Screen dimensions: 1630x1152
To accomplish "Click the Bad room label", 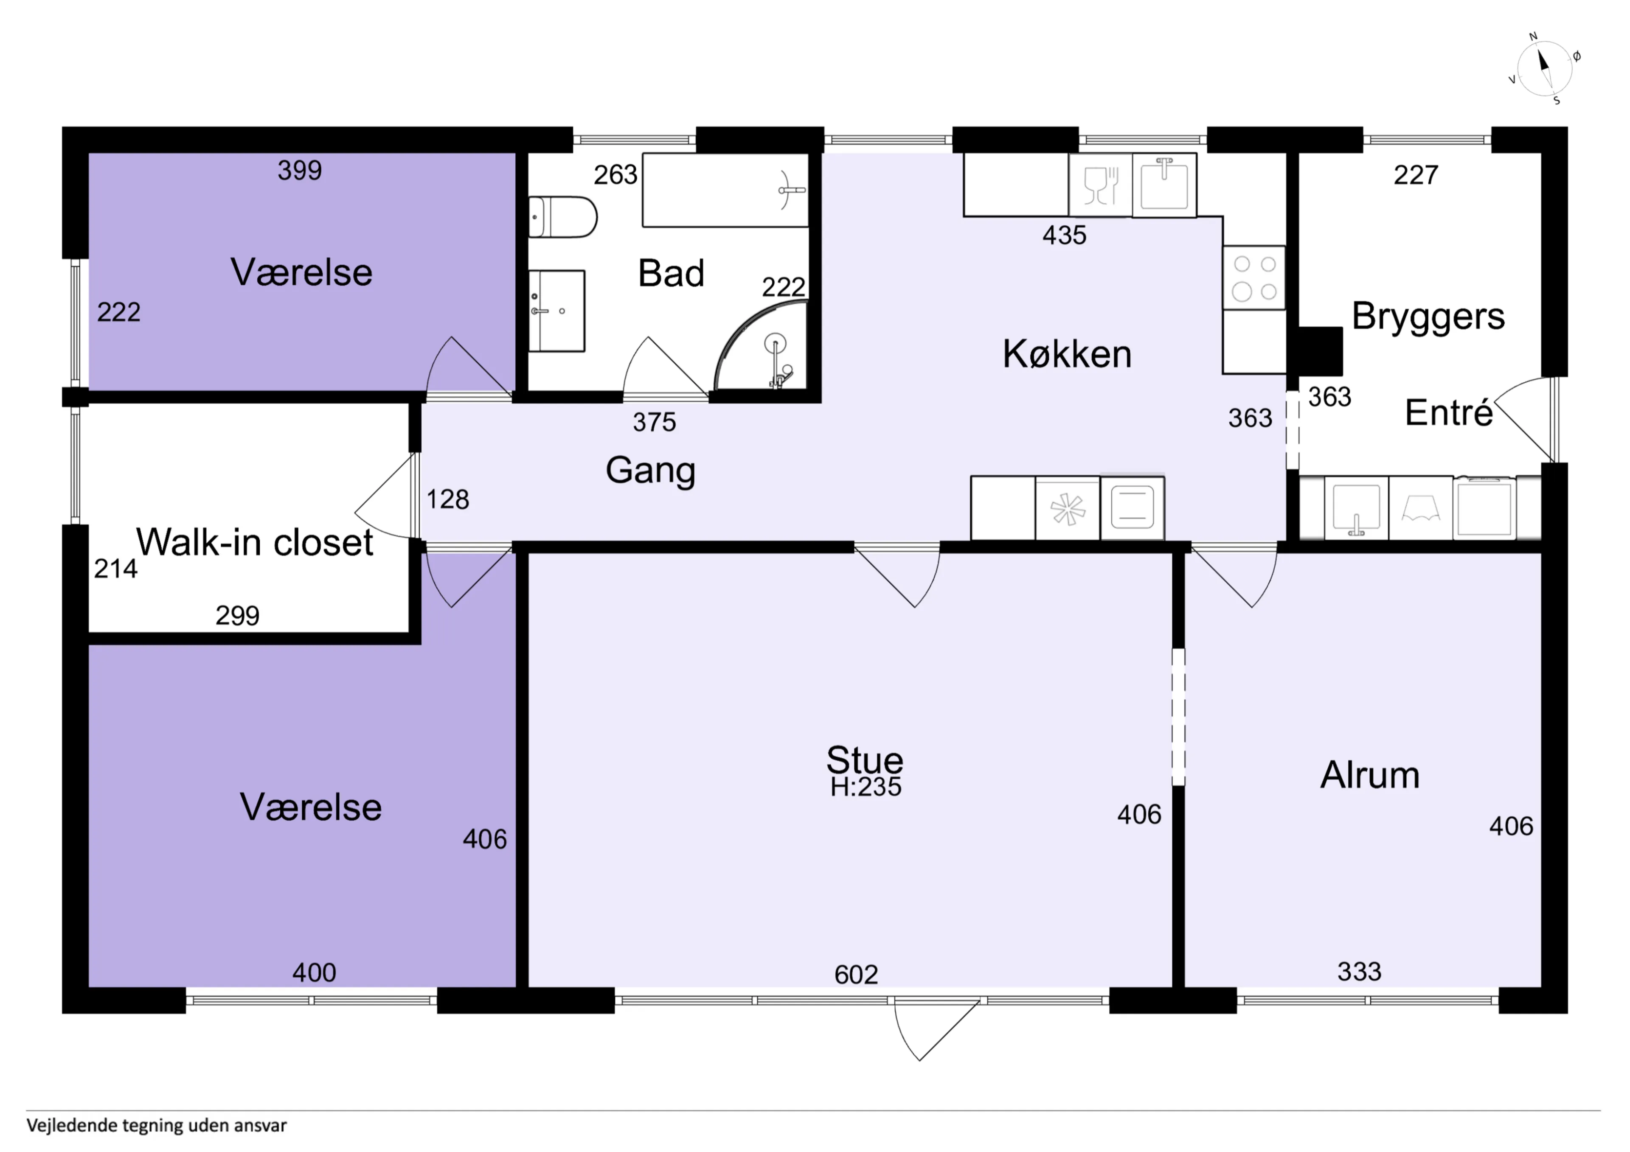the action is click(x=671, y=273).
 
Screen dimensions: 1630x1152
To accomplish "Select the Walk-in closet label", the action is click(x=254, y=542).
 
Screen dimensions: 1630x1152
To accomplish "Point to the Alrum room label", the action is click(x=1369, y=775).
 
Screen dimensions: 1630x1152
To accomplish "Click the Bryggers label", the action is click(x=1428, y=317).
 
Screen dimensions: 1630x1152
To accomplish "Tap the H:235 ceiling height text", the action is click(x=866, y=787).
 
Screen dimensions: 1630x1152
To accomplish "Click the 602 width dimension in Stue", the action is click(x=856, y=975).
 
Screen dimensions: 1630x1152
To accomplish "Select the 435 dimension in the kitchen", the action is click(x=1064, y=235).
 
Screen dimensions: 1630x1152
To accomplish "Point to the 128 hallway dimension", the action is click(x=447, y=500).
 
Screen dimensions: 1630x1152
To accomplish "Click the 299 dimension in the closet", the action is click(x=237, y=615).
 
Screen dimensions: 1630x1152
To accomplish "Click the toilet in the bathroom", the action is click(x=562, y=217).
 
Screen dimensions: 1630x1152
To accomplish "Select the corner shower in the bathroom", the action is click(x=761, y=346).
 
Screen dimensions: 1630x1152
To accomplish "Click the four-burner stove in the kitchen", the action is click(x=1254, y=277).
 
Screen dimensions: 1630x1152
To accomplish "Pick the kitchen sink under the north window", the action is click(x=1164, y=185).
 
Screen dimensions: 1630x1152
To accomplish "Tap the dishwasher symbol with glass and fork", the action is click(x=1100, y=185).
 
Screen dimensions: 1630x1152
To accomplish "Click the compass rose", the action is click(x=1545, y=69).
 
